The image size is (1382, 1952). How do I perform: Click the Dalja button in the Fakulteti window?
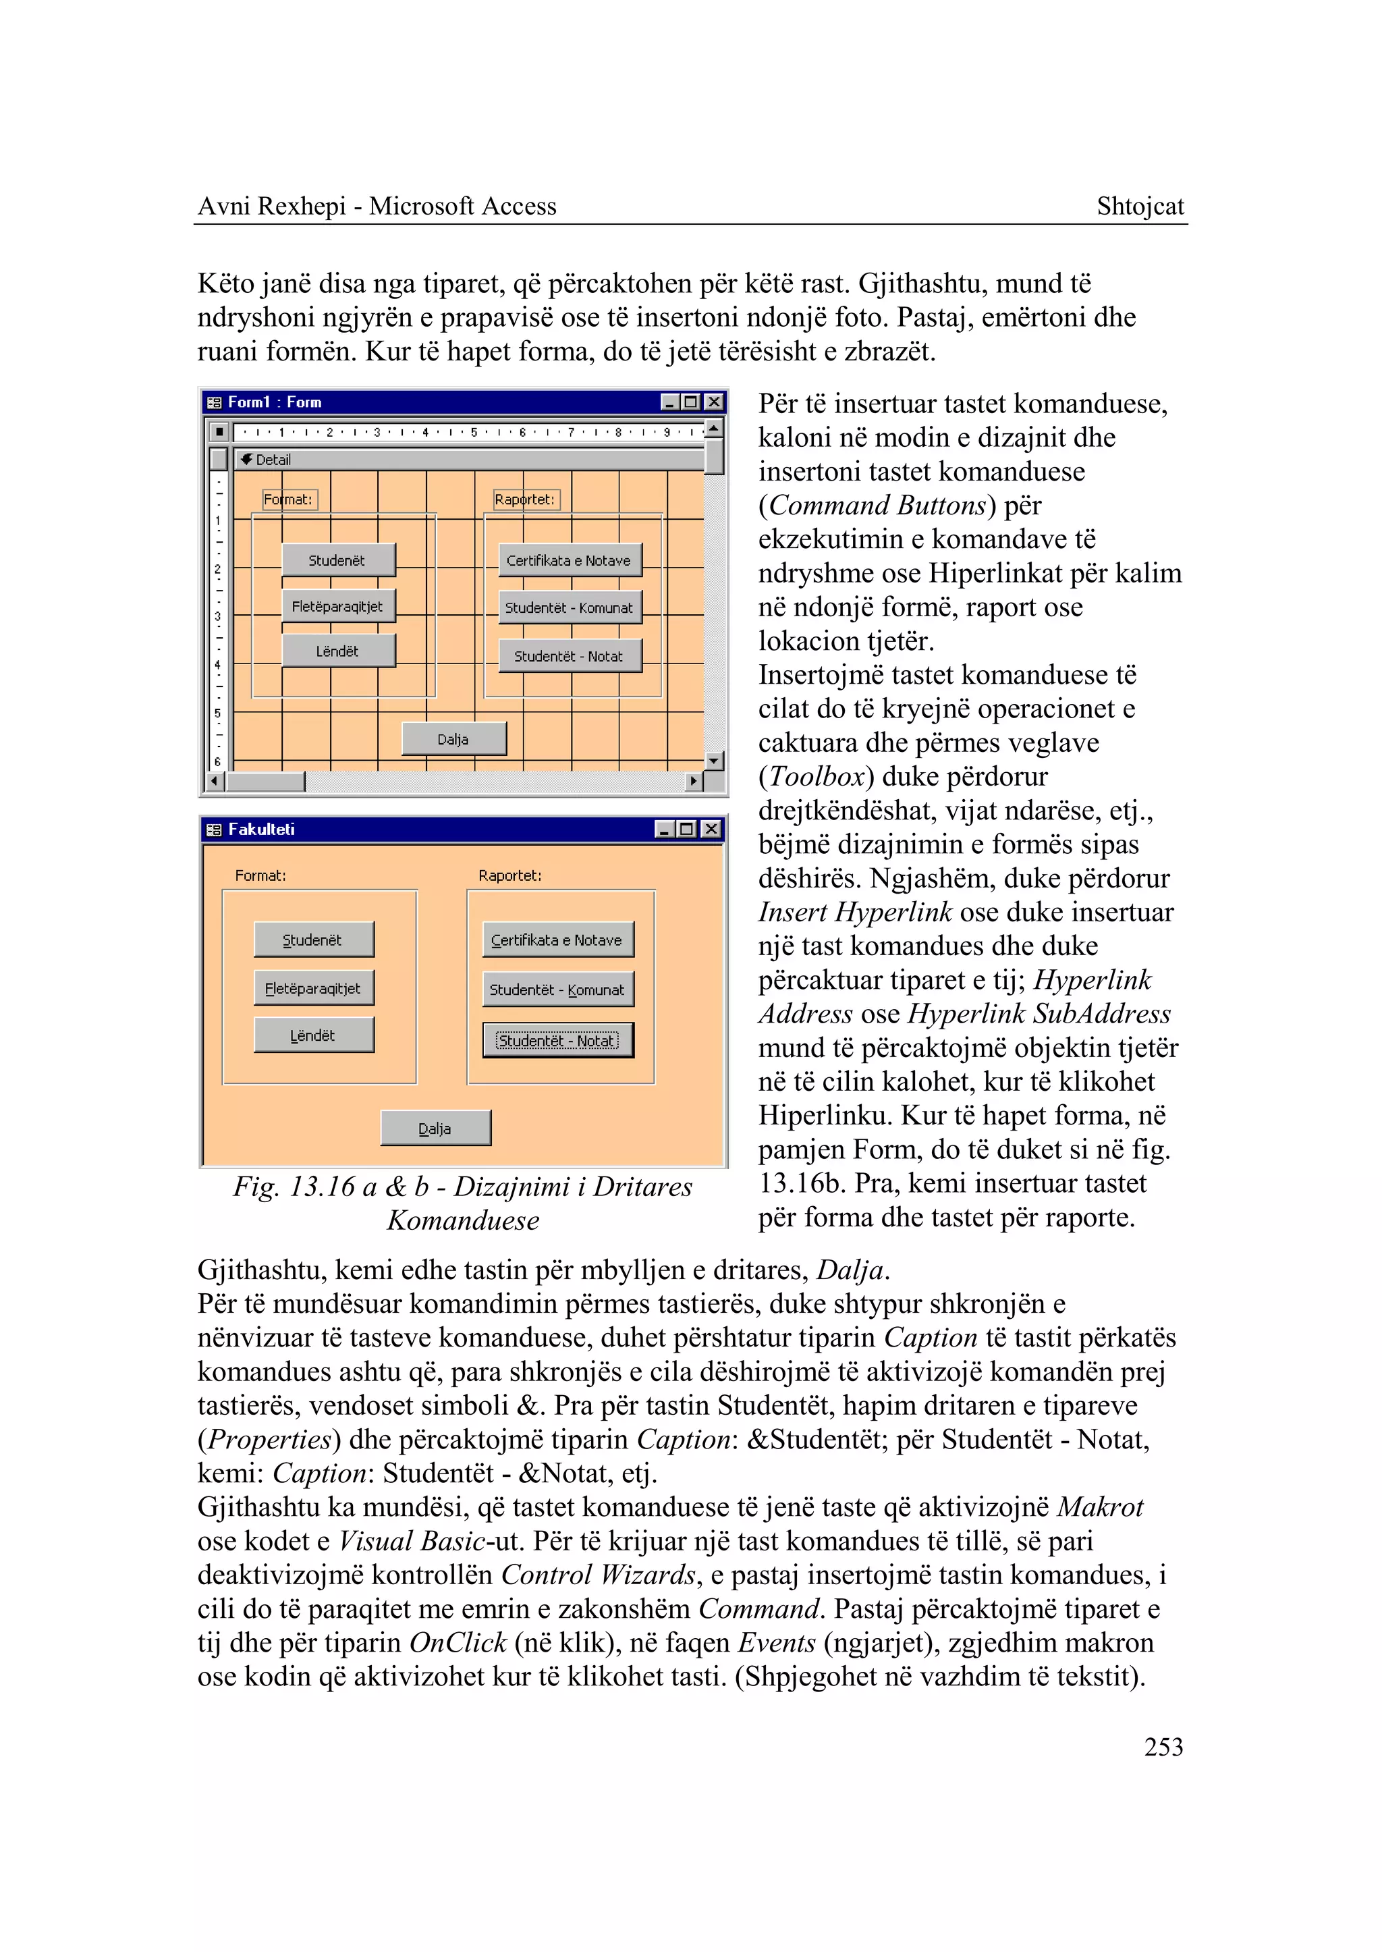coord(435,1128)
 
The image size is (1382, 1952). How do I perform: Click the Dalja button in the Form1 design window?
coord(453,739)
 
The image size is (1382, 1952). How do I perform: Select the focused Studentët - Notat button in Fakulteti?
coord(557,1040)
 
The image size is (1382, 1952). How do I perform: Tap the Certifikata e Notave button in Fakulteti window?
coord(557,940)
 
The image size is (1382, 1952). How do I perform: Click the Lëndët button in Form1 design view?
coord(338,651)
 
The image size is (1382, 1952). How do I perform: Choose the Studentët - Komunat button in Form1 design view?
coord(568,608)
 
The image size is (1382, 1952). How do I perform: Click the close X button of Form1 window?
coord(715,402)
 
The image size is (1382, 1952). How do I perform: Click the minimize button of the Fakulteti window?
coord(666,829)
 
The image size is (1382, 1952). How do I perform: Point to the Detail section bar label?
coord(273,460)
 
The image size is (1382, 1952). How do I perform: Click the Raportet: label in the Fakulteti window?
coord(509,875)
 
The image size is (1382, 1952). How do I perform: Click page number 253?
coord(1163,1747)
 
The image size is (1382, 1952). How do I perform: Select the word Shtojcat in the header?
coord(1140,206)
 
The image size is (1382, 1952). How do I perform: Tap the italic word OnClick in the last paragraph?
coord(458,1642)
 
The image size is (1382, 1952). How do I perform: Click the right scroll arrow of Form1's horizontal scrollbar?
coord(694,781)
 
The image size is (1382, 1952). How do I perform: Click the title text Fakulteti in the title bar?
coord(261,829)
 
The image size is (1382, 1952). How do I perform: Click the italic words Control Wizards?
coord(599,1575)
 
